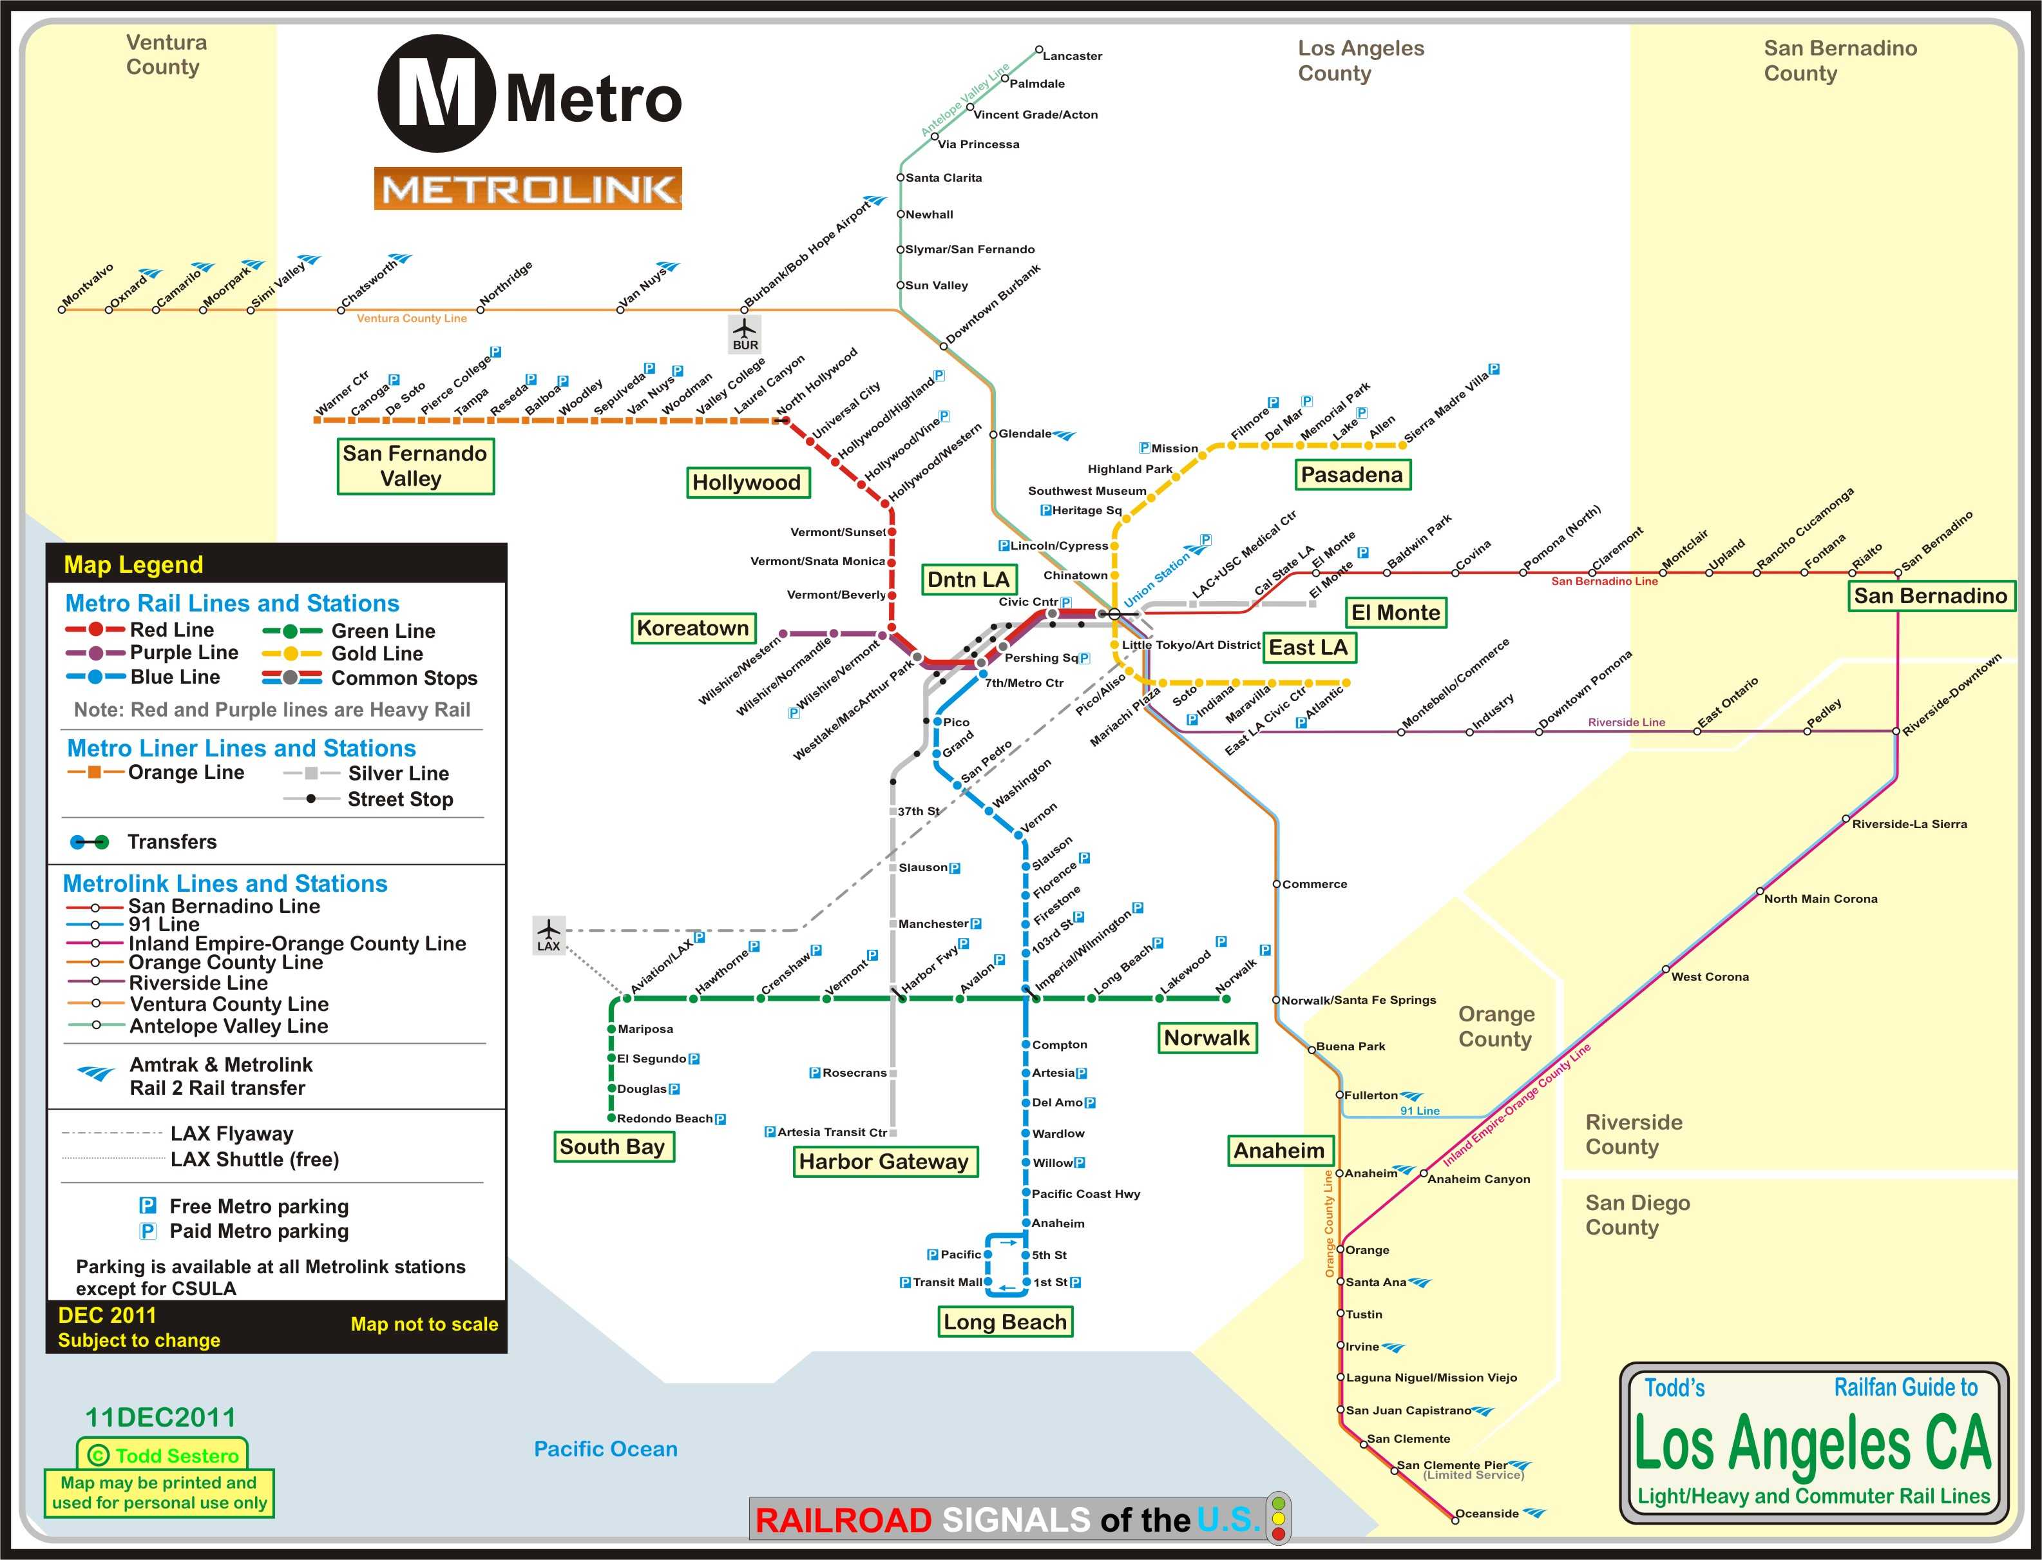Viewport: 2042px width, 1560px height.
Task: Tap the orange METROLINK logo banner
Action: click(527, 189)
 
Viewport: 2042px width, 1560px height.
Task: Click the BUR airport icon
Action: click(745, 334)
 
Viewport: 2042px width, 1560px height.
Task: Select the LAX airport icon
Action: click(549, 934)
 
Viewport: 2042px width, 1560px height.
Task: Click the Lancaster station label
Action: click(1072, 55)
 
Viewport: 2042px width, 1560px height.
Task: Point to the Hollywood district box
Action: click(746, 482)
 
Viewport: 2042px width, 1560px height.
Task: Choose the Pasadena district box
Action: click(1351, 474)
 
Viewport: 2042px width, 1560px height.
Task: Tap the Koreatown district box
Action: click(692, 628)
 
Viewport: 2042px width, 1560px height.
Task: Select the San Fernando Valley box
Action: click(415, 466)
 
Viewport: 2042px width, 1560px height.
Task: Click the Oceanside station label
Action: click(1486, 1514)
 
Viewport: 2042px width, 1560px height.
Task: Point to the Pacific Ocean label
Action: click(605, 1449)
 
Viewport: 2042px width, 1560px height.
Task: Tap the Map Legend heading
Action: click(133, 564)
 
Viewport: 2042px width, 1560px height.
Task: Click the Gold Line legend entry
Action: click(377, 654)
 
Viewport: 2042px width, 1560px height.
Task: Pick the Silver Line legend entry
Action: click(397, 773)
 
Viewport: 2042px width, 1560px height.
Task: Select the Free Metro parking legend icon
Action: click(148, 1206)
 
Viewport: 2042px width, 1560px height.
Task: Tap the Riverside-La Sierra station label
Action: click(1909, 823)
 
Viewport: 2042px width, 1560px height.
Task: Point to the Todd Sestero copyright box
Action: click(162, 1455)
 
